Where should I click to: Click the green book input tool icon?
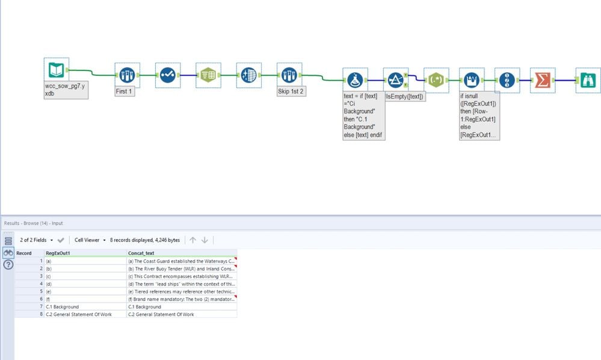pos(56,70)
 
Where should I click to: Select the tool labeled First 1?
pos(127,75)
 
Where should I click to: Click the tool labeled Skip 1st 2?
pos(289,75)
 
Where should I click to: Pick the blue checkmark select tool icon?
pos(168,75)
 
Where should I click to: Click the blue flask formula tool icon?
pos(355,79)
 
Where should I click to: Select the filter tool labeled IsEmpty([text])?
pos(395,79)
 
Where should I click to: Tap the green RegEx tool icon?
pos(436,79)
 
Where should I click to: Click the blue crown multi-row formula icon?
pos(472,79)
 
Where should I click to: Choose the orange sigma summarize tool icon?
pos(543,79)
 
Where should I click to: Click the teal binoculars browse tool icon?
pos(588,79)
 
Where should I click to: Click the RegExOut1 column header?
pos(59,253)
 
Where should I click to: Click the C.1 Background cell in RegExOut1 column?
pos(63,306)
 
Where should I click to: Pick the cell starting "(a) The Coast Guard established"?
pos(180,261)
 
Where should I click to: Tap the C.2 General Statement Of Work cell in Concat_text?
pos(161,314)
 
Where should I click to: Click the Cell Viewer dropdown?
pos(90,240)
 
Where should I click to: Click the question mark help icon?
pos(8,264)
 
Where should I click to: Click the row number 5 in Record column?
pos(41,291)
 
